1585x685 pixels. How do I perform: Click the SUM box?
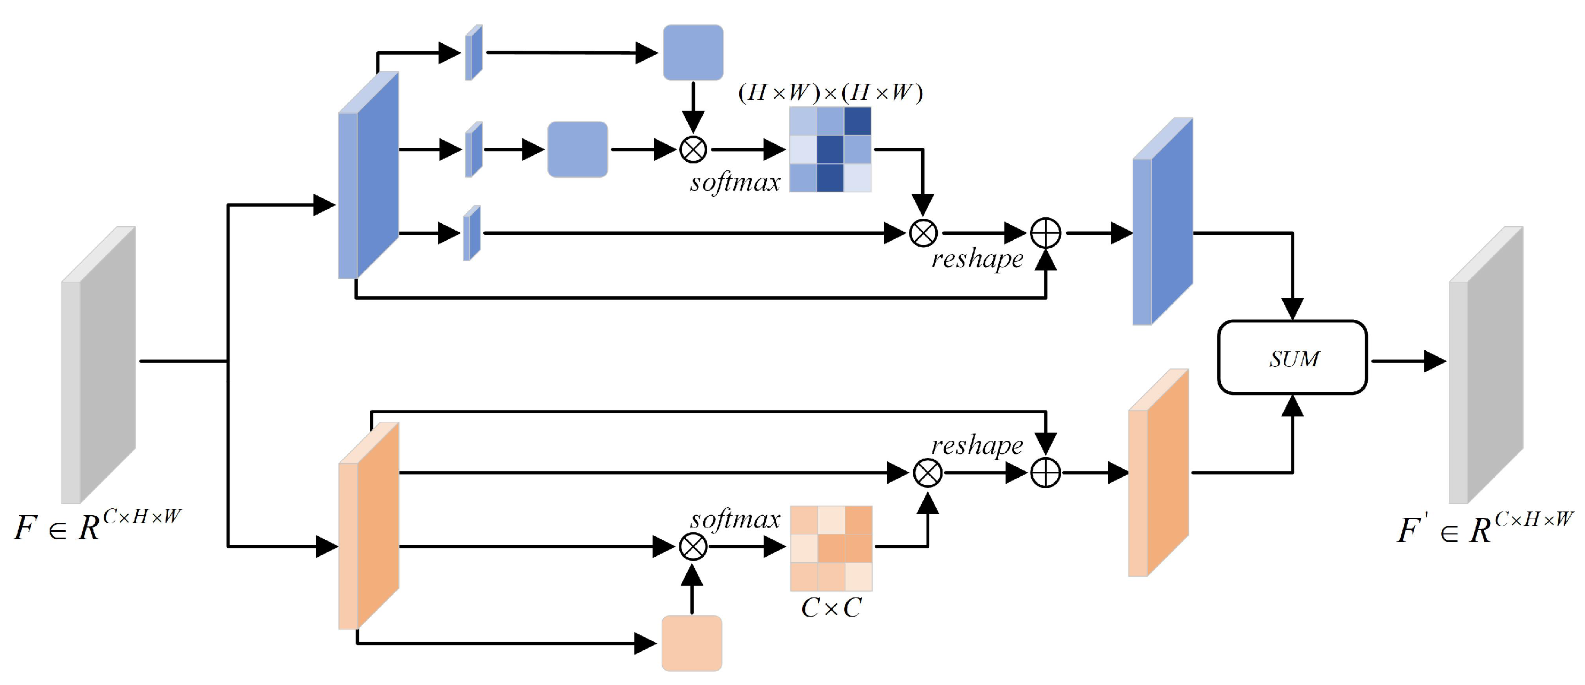(1292, 357)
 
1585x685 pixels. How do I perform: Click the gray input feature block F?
(98, 365)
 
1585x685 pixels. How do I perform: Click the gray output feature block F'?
(1485, 365)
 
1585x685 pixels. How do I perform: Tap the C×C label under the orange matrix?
(830, 608)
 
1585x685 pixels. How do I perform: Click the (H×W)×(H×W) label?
(830, 93)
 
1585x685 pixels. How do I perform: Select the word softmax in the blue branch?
(735, 183)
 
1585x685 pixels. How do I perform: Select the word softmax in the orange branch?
(735, 519)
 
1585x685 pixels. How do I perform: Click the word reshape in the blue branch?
(977, 259)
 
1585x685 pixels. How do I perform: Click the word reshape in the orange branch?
(977, 445)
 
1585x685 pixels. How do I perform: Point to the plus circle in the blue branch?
(1046, 233)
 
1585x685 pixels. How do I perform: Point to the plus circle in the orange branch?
(1046, 473)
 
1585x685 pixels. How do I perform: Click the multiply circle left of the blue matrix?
(693, 149)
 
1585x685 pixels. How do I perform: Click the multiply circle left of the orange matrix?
(693, 547)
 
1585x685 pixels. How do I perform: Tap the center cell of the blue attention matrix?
(830, 149)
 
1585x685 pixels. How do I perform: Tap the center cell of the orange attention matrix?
(830, 548)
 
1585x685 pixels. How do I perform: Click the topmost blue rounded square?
(693, 52)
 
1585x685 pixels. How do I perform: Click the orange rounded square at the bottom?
(692, 643)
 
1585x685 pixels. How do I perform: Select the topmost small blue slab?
(473, 53)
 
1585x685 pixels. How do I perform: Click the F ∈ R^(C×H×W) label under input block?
(97, 526)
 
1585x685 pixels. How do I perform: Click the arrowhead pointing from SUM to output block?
(1434, 361)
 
